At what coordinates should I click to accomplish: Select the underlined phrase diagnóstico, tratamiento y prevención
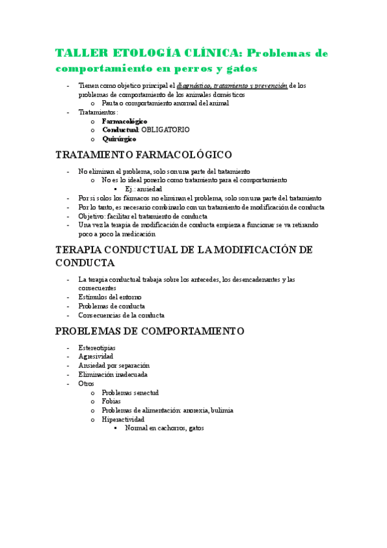[232, 85]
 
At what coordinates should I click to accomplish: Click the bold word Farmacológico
[125, 121]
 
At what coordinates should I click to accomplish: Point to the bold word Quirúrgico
[119, 139]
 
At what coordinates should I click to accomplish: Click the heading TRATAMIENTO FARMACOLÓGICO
[153, 155]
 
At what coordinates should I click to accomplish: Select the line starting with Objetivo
[143, 216]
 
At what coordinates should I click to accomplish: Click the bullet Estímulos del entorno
[106, 297]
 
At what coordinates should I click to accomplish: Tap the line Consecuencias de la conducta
[121, 315]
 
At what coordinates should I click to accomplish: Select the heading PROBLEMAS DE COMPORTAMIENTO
[149, 331]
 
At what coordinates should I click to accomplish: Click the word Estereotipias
[97, 348]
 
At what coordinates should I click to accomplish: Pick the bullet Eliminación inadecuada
[112, 374]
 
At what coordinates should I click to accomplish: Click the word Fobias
[111, 401]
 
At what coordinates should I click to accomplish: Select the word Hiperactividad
[123, 419]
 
